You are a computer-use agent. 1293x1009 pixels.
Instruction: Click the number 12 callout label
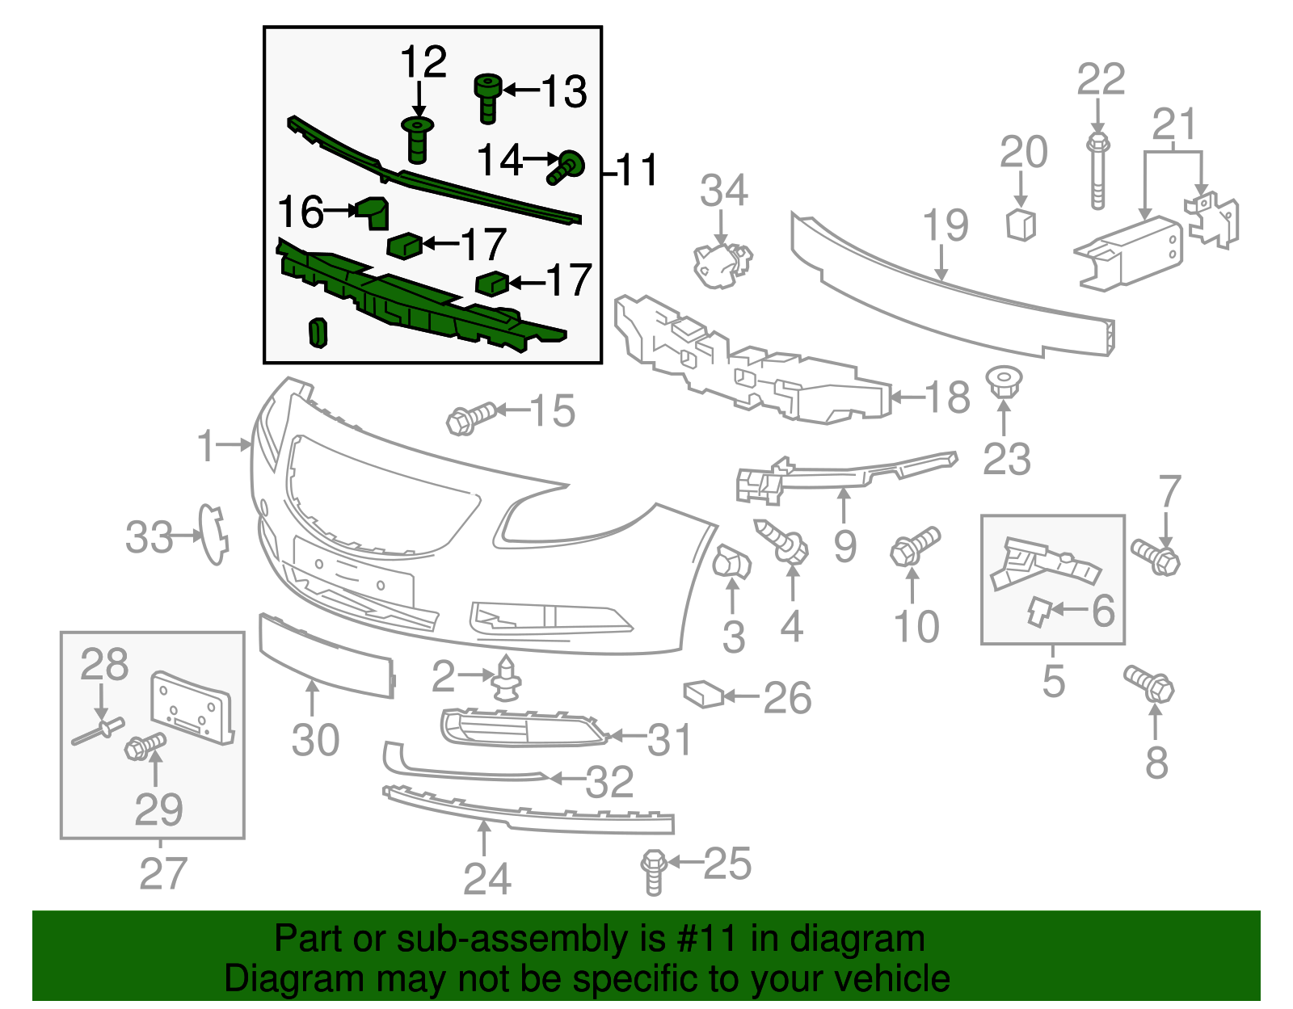point(423,63)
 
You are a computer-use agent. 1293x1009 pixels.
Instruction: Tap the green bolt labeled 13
point(487,98)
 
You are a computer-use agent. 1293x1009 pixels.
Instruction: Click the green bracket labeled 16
point(373,212)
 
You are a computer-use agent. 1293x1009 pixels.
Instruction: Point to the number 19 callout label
point(946,225)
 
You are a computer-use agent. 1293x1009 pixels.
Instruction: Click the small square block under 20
point(1021,224)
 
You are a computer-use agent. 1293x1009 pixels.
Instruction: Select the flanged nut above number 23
point(1004,383)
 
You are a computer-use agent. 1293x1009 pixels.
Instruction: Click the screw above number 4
point(782,540)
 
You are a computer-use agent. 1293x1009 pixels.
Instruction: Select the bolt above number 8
point(1150,684)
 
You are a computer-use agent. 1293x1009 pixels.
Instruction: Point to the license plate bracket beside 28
point(192,705)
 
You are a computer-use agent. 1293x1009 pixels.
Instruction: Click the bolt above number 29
point(145,745)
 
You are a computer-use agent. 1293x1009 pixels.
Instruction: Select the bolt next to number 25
point(653,871)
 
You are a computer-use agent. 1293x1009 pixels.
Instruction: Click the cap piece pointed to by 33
point(214,533)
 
